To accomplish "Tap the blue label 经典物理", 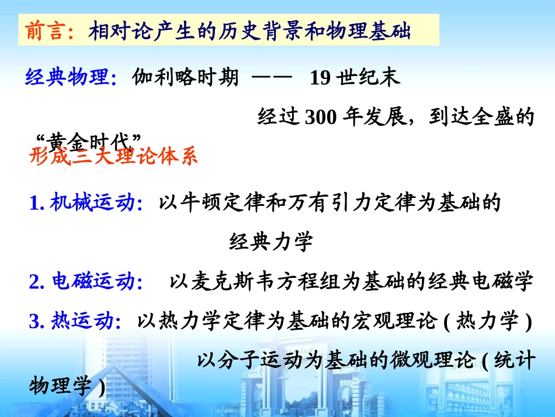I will click(67, 77).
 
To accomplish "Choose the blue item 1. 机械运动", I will click(81, 202).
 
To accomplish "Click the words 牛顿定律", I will click(218, 202).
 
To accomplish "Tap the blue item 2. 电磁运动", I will click(81, 282).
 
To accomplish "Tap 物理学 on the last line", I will click(60, 386).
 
